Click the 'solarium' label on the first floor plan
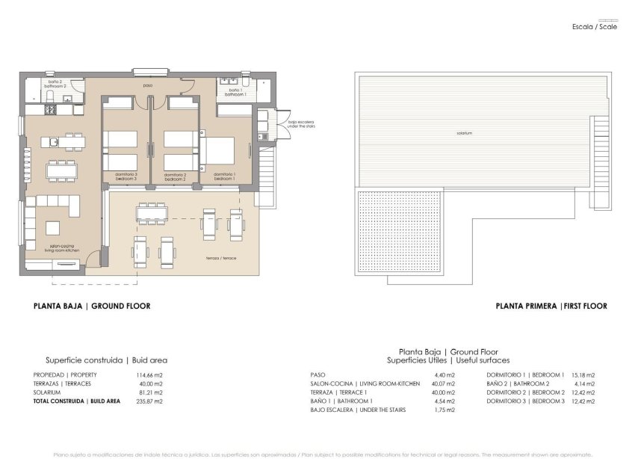(x=465, y=134)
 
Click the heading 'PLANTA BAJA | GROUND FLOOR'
(x=92, y=306)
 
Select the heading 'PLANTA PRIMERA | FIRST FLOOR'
(x=551, y=306)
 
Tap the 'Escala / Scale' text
(x=595, y=27)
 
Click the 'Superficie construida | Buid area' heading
(x=106, y=360)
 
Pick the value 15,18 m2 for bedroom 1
(x=583, y=375)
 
